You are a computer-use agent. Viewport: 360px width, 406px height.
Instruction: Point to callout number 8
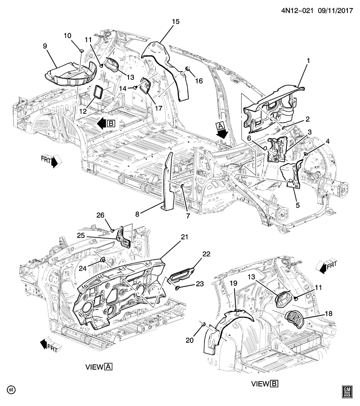(x=138, y=214)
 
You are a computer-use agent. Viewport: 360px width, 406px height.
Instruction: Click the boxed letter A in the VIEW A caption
(x=108, y=366)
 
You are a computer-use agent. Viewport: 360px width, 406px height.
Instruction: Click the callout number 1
(x=308, y=61)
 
